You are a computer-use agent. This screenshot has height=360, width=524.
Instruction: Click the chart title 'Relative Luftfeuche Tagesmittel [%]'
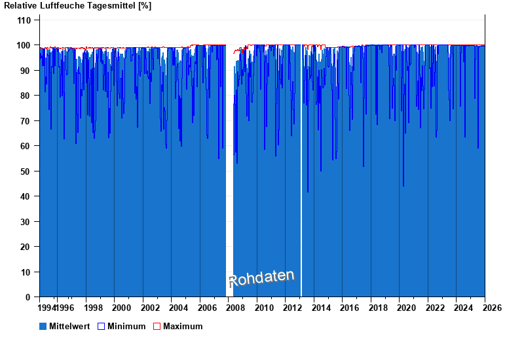point(78,6)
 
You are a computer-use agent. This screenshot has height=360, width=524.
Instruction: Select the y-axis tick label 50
point(26,171)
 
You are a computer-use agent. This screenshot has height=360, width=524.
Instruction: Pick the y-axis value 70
point(26,121)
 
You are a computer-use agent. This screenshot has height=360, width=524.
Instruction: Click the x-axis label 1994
point(47,308)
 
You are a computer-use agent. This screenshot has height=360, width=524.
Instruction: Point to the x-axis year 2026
point(493,308)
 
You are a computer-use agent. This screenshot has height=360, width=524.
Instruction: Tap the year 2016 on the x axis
point(350,308)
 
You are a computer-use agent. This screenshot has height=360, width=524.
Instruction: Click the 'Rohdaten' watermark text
point(261,278)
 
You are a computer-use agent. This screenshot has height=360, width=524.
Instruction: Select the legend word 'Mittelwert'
point(70,326)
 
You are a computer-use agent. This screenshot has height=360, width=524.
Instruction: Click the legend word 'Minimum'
point(126,326)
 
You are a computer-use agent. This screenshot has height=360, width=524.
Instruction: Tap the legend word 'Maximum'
point(183,326)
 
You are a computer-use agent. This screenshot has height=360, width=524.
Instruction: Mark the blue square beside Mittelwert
point(43,326)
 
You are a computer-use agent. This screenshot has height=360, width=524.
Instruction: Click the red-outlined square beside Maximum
point(157,326)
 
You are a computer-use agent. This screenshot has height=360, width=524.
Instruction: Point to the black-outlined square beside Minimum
point(101,326)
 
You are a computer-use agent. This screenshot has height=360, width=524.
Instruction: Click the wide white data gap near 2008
point(229,170)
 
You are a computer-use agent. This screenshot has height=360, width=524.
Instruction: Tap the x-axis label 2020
point(407,308)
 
